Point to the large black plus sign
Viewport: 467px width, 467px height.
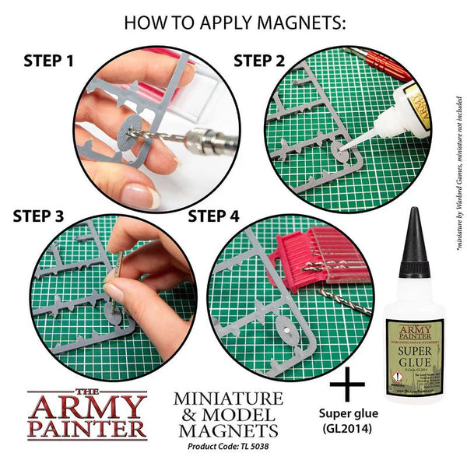(x=348, y=386)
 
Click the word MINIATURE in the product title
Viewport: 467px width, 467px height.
(x=226, y=399)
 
